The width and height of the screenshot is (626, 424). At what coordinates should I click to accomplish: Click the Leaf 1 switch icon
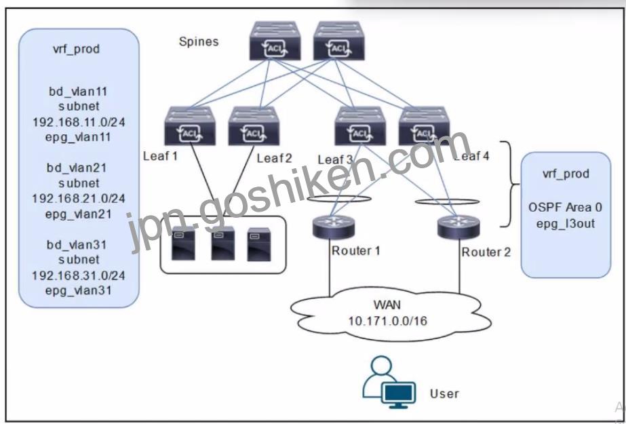(190, 126)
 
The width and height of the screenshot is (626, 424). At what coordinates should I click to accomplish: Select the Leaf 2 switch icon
(254, 126)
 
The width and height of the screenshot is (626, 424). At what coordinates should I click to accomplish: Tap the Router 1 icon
(333, 227)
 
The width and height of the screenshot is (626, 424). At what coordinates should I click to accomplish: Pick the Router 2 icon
(458, 227)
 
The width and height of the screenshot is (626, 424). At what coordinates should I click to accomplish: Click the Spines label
(199, 41)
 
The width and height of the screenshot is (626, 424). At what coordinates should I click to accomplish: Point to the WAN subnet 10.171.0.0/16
(388, 321)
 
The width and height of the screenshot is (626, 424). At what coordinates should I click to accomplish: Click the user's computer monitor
(398, 395)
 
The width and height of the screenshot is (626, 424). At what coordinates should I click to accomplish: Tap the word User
(444, 393)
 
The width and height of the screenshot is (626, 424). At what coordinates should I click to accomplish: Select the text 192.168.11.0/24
(79, 121)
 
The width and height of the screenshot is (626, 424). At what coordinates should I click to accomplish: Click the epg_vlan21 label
(78, 214)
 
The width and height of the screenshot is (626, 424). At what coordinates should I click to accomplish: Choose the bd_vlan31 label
(77, 244)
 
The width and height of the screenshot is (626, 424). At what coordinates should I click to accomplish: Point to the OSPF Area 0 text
(566, 207)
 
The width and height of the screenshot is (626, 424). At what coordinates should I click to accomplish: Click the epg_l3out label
(566, 224)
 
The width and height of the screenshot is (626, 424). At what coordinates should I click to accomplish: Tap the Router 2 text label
(486, 252)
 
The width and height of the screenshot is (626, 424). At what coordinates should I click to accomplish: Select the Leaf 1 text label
(160, 156)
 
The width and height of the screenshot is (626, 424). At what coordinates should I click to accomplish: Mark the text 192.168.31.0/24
(78, 275)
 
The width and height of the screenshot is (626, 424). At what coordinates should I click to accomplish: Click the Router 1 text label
(355, 251)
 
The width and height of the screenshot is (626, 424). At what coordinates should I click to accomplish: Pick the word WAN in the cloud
(387, 305)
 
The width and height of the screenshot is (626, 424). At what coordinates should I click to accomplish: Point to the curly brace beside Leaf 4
(510, 184)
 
